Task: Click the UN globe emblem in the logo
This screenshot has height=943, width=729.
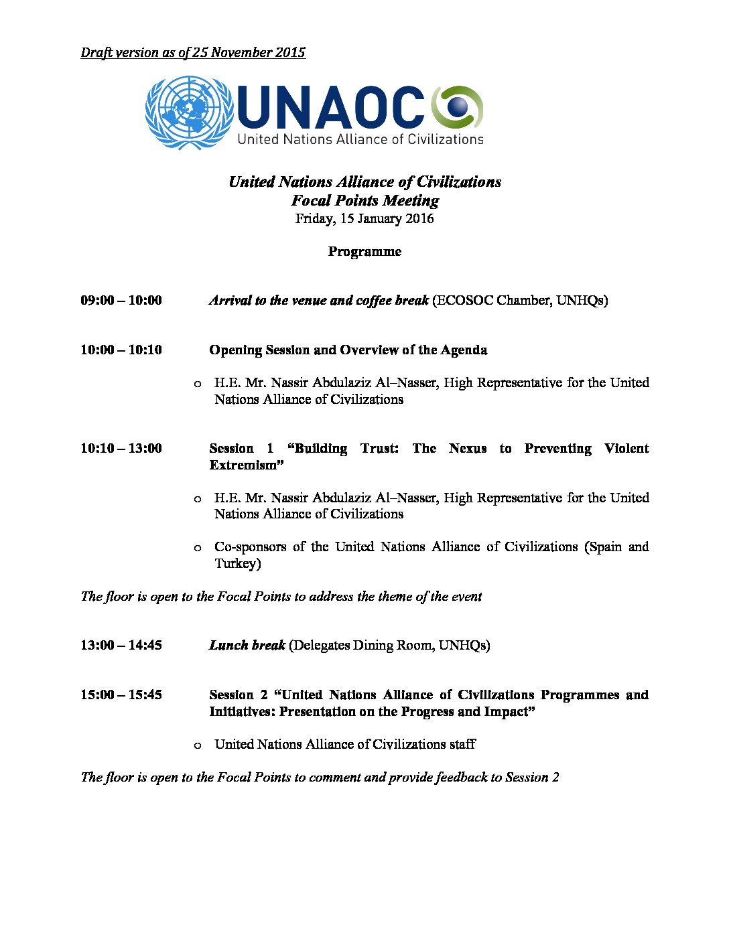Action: click(x=189, y=113)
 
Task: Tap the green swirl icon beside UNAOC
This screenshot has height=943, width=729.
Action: click(x=457, y=107)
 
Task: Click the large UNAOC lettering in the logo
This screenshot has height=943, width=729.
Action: click(x=331, y=108)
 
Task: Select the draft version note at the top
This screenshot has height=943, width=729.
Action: click(x=193, y=52)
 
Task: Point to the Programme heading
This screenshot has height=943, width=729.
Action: click(x=364, y=251)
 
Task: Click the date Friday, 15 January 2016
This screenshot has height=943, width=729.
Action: click(x=364, y=218)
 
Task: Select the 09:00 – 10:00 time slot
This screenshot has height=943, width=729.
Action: click(x=121, y=300)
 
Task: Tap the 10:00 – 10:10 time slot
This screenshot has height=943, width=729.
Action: click(x=121, y=350)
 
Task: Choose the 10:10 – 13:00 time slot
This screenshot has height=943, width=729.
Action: click(x=121, y=448)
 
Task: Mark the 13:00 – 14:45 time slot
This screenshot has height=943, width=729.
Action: click(x=121, y=645)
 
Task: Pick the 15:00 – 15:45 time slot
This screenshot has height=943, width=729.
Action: click(x=121, y=695)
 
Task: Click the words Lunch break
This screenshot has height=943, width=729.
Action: click(x=247, y=645)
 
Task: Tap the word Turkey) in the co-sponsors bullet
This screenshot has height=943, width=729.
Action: click(x=237, y=563)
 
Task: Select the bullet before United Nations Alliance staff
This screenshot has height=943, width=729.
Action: click(x=197, y=745)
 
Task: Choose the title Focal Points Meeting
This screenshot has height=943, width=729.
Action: click(x=364, y=200)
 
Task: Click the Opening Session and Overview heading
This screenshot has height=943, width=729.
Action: click(x=348, y=350)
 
